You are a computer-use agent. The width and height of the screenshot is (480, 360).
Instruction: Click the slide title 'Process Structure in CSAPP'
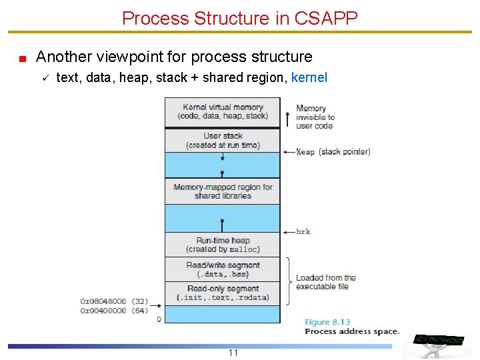point(240,17)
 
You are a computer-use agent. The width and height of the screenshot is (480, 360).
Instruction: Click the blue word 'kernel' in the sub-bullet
point(309,77)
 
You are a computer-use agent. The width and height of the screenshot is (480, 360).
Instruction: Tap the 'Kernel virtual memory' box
point(223,111)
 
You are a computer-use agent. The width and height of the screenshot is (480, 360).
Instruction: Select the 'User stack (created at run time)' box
point(223,140)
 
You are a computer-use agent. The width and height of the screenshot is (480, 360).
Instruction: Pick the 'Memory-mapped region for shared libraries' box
point(223,191)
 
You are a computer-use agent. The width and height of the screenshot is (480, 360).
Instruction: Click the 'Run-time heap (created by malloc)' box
point(223,245)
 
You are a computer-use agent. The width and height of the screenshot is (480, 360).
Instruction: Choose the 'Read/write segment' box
point(223,269)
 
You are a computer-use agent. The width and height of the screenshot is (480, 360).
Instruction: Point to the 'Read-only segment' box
point(223,293)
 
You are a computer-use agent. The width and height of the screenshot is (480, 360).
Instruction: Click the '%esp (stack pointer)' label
point(333,152)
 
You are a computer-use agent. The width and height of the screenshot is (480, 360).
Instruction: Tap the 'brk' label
point(303,232)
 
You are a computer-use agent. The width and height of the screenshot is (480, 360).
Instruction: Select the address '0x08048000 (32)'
point(114,301)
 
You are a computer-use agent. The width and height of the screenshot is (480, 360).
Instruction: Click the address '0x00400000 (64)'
point(114,311)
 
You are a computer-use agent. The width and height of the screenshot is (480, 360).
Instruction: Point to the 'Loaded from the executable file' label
point(326,282)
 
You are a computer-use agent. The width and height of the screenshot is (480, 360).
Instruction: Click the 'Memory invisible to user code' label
point(315,117)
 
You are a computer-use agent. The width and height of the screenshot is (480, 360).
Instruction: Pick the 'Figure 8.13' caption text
point(327,322)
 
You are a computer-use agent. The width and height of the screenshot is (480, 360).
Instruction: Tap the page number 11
point(233,353)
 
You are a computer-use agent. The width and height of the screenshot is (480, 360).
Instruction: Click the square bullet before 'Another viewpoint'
point(22,59)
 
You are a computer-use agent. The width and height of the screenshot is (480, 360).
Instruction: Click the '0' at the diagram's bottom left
point(159,319)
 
